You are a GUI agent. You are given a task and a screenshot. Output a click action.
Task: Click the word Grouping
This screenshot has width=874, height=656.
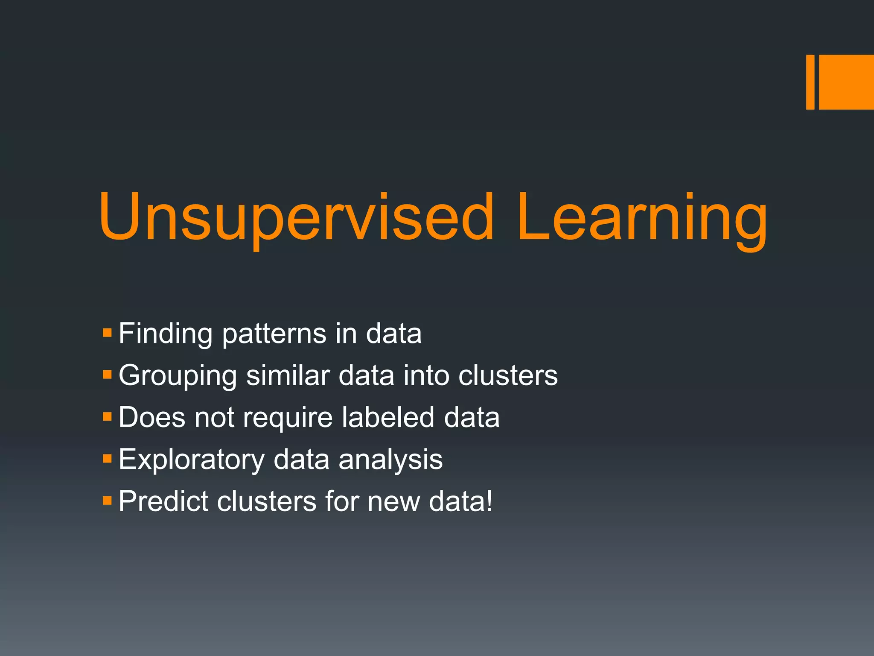pyautogui.click(x=178, y=376)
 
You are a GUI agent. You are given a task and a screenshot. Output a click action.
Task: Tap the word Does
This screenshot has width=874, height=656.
pyautogui.click(x=152, y=417)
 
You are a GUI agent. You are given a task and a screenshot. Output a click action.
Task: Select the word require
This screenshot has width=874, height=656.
pyautogui.click(x=288, y=418)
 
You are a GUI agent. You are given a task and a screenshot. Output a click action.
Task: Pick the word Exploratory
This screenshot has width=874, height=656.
pyautogui.click(x=192, y=460)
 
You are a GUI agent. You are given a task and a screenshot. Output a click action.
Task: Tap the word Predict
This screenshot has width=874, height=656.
pyautogui.click(x=164, y=501)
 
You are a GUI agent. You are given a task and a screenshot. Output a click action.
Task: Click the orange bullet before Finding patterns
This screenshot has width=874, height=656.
pyautogui.click(x=107, y=332)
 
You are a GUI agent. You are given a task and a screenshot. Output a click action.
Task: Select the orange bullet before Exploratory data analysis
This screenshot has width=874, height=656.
pyautogui.click(x=107, y=459)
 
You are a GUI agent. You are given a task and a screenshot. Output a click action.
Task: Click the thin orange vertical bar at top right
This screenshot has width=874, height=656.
pyautogui.click(x=810, y=82)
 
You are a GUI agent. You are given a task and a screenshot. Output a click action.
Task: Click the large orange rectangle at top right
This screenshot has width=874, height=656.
pyautogui.click(x=846, y=82)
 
